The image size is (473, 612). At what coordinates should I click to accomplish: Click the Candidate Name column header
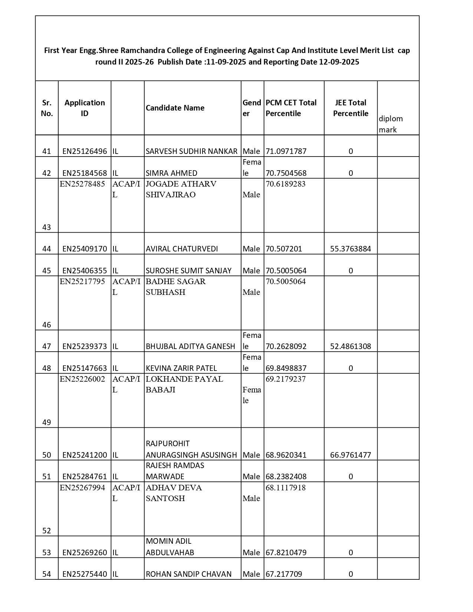(175, 108)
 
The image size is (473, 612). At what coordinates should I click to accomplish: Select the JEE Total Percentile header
(351, 108)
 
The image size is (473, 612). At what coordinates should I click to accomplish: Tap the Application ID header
(85, 108)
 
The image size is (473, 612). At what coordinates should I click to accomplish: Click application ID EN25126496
(85, 151)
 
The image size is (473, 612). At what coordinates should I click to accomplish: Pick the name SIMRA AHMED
(171, 173)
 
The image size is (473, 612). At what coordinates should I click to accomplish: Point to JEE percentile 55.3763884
(351, 249)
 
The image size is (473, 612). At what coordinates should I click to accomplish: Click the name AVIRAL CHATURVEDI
(182, 249)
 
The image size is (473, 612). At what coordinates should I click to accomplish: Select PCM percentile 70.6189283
(286, 184)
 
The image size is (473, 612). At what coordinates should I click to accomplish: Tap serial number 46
(47, 325)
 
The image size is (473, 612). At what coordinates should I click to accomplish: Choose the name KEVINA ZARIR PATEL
(181, 368)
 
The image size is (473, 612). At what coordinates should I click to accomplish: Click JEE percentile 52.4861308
(351, 346)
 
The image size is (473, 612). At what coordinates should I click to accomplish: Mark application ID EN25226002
(82, 379)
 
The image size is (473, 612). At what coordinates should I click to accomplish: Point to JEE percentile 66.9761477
(351, 455)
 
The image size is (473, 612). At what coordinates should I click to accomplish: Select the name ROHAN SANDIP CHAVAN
(188, 574)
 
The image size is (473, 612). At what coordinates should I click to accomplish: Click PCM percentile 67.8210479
(286, 553)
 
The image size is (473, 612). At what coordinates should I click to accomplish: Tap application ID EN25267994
(82, 488)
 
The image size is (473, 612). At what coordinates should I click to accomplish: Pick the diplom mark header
(391, 124)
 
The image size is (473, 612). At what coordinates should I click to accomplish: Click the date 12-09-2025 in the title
(339, 62)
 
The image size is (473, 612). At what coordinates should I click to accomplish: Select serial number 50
(47, 455)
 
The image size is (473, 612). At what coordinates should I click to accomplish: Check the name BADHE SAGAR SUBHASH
(175, 287)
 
